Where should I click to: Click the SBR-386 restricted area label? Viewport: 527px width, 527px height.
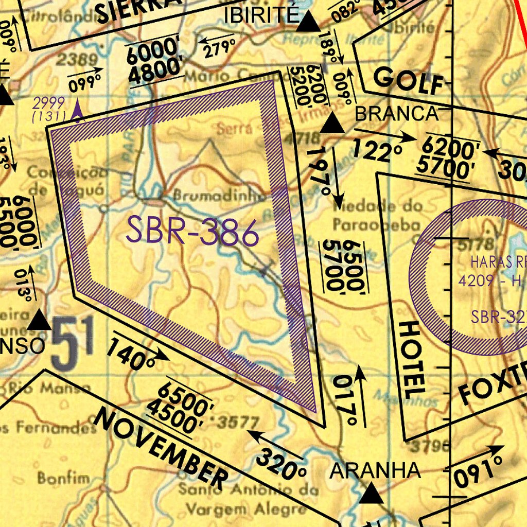192,232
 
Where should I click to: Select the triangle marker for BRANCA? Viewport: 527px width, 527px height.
332,124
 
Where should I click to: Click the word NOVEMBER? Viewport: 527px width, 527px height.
161,448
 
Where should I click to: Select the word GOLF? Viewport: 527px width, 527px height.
409,81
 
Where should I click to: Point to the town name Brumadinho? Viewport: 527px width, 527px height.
219,196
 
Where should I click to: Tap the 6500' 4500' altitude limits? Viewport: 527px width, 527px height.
180,407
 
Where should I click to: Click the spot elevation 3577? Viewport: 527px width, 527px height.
238,423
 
